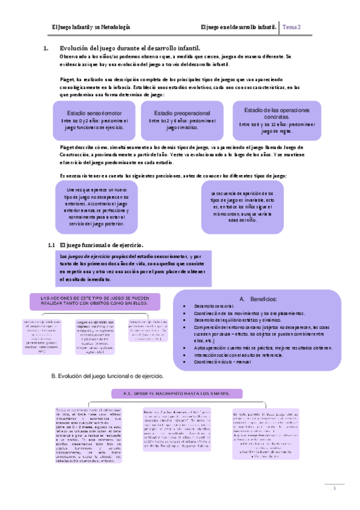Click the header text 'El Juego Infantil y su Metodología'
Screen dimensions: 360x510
[x=91, y=27]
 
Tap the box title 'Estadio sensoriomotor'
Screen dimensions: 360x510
[x=93, y=112]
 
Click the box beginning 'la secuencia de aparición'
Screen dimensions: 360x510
[x=242, y=207]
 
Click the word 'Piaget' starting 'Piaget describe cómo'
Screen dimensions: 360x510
[x=69, y=146]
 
